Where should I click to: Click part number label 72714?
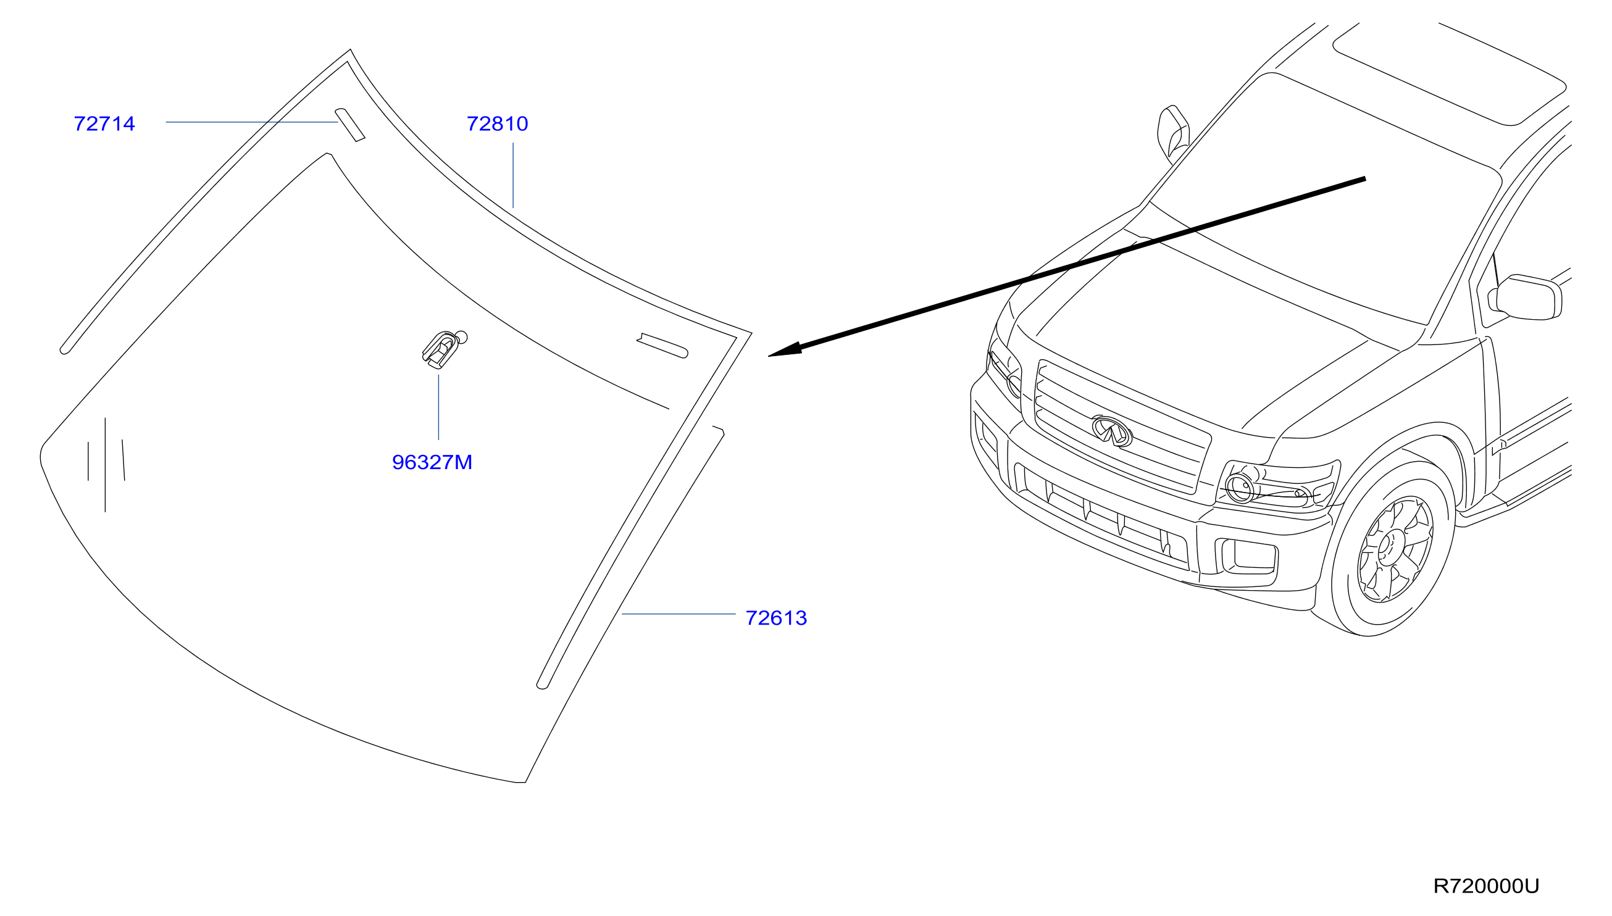click(104, 123)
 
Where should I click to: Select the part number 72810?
click(497, 123)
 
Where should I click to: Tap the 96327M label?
click(432, 462)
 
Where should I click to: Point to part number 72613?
click(776, 618)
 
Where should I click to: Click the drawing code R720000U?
click(1486, 886)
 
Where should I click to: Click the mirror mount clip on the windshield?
click(445, 349)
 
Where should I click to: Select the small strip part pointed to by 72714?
click(349, 125)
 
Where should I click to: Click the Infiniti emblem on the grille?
click(1112, 431)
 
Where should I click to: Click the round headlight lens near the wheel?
click(1240, 488)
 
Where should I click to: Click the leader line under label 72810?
click(513, 175)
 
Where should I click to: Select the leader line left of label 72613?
click(679, 614)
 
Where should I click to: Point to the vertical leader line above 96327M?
click(438, 407)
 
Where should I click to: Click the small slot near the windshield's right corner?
click(662, 346)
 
